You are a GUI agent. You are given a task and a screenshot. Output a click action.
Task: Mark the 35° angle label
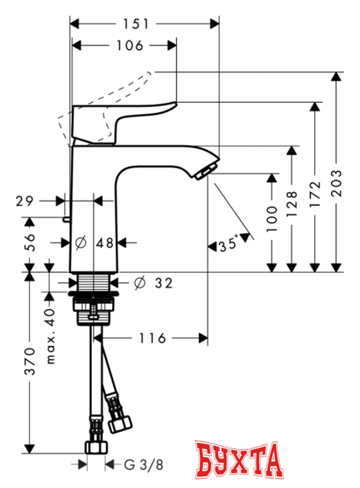[x=228, y=246]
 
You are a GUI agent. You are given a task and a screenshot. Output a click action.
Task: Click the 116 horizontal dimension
[x=150, y=338]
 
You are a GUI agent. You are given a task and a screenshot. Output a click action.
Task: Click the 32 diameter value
[x=162, y=283]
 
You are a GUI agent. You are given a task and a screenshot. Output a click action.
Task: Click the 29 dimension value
[x=24, y=201]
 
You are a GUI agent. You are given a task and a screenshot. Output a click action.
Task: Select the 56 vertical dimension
[x=28, y=242]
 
